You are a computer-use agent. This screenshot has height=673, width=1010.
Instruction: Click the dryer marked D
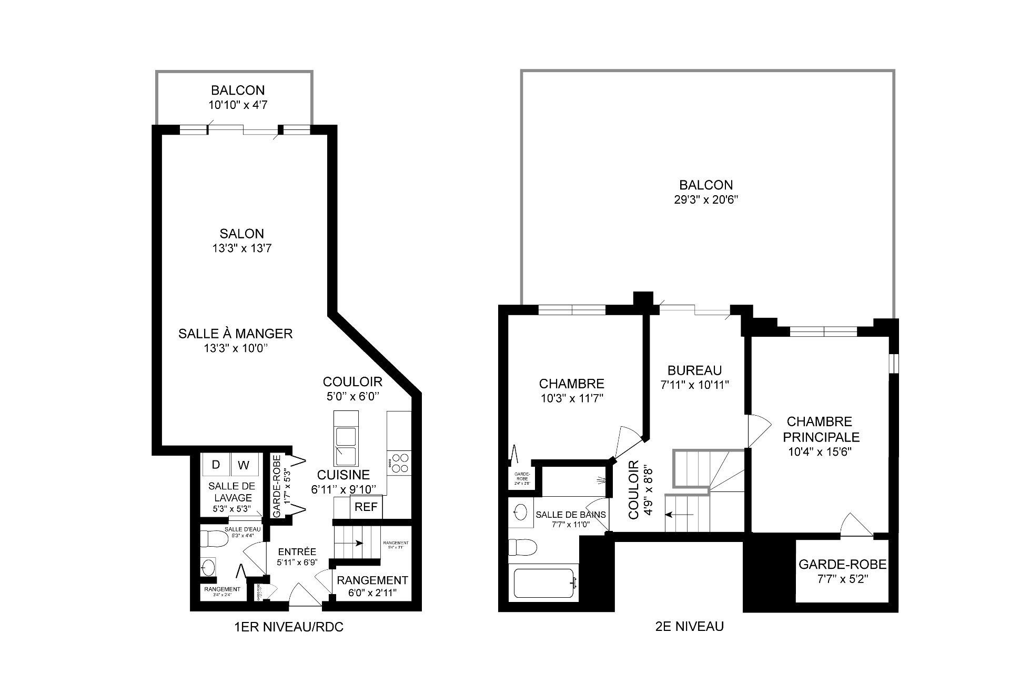(x=216, y=465)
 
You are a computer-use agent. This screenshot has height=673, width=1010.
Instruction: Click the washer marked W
(x=244, y=465)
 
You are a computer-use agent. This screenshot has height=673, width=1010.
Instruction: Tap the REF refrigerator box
(x=366, y=507)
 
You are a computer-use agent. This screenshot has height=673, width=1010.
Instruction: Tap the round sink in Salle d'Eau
(x=208, y=568)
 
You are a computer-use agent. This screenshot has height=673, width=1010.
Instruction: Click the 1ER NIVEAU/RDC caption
(x=289, y=627)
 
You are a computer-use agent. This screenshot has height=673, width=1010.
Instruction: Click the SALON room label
(x=242, y=234)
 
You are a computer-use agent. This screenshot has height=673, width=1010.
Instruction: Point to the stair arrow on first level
(x=358, y=543)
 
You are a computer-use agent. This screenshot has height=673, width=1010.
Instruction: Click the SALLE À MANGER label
(x=235, y=333)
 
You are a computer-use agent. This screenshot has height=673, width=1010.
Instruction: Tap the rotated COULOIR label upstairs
(x=633, y=490)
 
